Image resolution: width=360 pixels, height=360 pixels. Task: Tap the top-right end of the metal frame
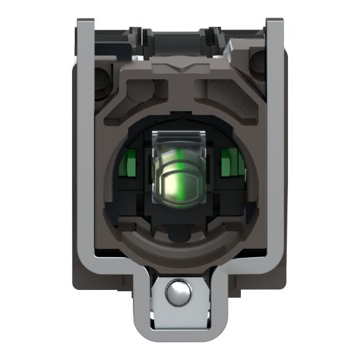click(275, 26)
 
